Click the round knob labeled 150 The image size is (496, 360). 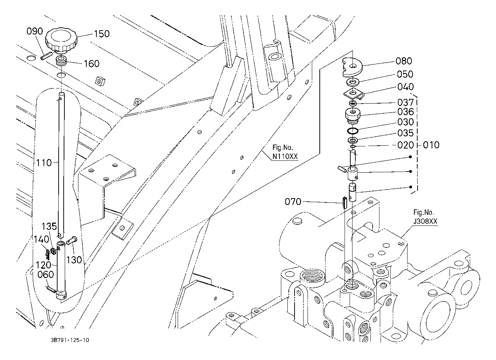(62, 40)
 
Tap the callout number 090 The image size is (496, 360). (35, 31)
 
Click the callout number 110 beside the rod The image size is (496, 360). (44, 163)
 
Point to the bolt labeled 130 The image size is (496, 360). (72, 241)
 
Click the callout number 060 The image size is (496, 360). (46, 275)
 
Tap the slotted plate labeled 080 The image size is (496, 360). (352, 67)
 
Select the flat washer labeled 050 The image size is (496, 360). (353, 82)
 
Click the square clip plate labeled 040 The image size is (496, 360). (354, 94)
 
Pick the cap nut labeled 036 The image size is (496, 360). (353, 115)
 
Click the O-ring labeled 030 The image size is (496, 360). (352, 131)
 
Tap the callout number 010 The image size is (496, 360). (431, 145)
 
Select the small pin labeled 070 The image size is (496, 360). (345, 202)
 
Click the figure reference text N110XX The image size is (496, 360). (285, 156)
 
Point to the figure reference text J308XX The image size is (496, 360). (426, 221)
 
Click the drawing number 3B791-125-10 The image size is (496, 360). (70, 340)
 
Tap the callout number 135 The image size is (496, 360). (49, 226)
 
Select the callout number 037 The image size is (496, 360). (405, 102)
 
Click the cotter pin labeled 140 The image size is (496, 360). (47, 254)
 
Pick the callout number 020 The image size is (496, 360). (405, 145)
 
